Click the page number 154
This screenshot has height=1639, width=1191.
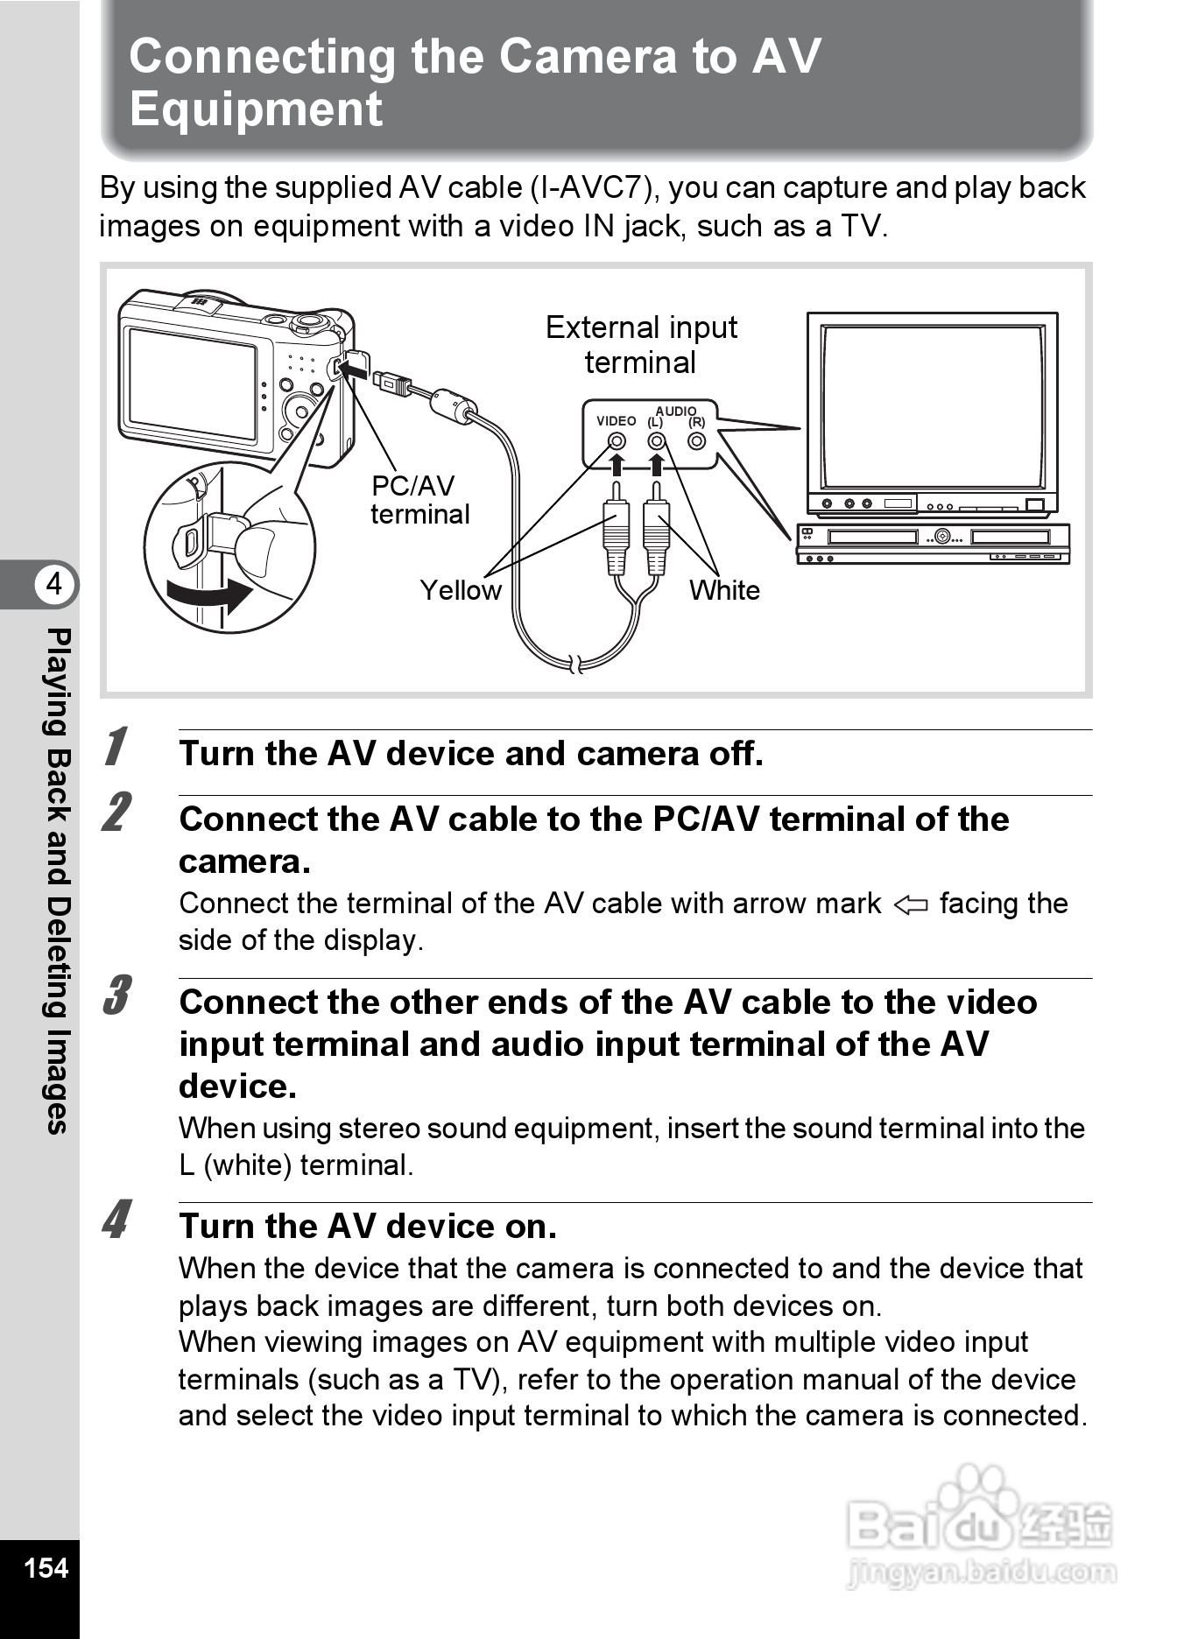pos(46,1566)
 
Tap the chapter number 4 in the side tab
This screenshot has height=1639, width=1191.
pos(54,583)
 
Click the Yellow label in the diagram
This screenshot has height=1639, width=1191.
pos(461,590)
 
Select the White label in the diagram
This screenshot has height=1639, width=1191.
pos(724,590)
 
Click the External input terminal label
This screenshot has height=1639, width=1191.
pos(641,344)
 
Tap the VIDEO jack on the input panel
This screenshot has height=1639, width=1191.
pos(617,441)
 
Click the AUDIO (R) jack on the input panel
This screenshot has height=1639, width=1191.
pos(697,441)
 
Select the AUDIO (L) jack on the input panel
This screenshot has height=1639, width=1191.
pos(657,441)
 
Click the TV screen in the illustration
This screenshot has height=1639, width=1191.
pos(933,406)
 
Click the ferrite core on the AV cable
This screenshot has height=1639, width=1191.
pos(453,404)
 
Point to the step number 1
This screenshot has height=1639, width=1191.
pos(115,747)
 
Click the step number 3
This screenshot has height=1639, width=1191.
pos(116,995)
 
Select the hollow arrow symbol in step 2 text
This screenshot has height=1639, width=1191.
pos(911,904)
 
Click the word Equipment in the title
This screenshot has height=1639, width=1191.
pos(256,109)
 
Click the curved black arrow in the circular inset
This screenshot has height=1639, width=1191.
pos(210,596)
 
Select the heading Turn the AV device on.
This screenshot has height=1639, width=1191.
pos(368,1227)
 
